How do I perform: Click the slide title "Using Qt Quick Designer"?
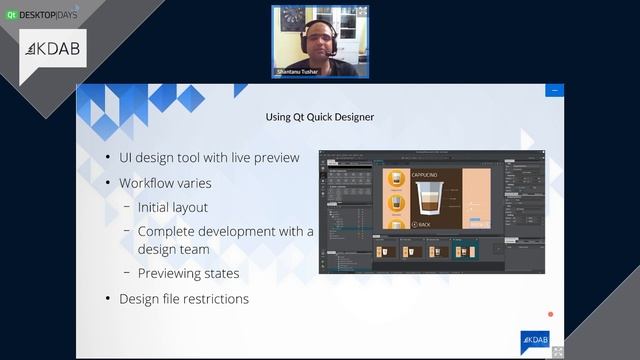point(320,117)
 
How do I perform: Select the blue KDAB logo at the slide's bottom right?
point(534,339)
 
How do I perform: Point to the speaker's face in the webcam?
point(319,37)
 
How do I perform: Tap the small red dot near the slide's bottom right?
point(550,315)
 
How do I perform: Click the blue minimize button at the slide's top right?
point(553,91)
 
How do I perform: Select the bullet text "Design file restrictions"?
point(184,298)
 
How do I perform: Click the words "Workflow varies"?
point(165,183)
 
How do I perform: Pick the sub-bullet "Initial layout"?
point(173,207)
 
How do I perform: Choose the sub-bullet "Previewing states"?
point(188,272)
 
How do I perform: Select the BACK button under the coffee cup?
point(421,225)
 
